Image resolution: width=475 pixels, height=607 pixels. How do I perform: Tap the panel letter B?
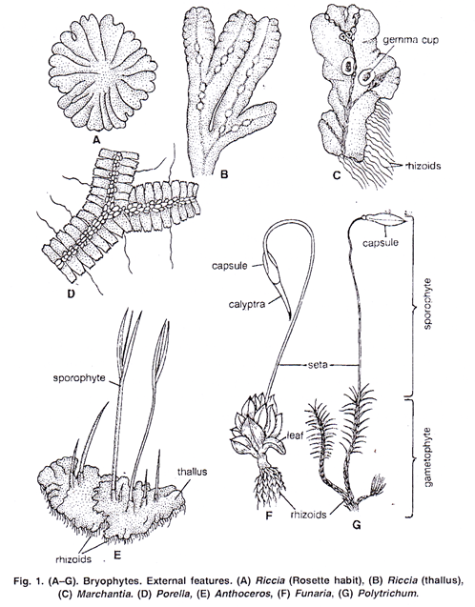(223, 174)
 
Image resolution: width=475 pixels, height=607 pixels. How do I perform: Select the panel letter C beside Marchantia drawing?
(336, 175)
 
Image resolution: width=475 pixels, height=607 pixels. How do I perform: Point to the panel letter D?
(71, 293)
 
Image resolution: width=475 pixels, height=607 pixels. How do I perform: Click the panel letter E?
(117, 555)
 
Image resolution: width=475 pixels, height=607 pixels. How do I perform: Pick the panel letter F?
(270, 516)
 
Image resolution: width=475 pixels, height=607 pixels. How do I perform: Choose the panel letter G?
(357, 525)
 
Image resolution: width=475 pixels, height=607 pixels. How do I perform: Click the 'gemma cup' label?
(411, 40)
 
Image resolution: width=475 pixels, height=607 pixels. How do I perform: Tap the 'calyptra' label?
(247, 304)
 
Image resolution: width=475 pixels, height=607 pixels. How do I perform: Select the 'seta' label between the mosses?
(317, 364)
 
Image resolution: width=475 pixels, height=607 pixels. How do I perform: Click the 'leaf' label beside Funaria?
(295, 435)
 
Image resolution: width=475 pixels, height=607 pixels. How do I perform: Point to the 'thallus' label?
(192, 472)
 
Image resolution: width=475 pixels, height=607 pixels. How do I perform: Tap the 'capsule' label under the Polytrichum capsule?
(381, 243)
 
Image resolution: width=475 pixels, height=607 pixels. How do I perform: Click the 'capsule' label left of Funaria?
(229, 266)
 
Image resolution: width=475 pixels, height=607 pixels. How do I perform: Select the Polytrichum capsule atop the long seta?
(385, 219)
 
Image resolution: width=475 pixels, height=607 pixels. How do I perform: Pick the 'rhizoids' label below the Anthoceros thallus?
(73, 559)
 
